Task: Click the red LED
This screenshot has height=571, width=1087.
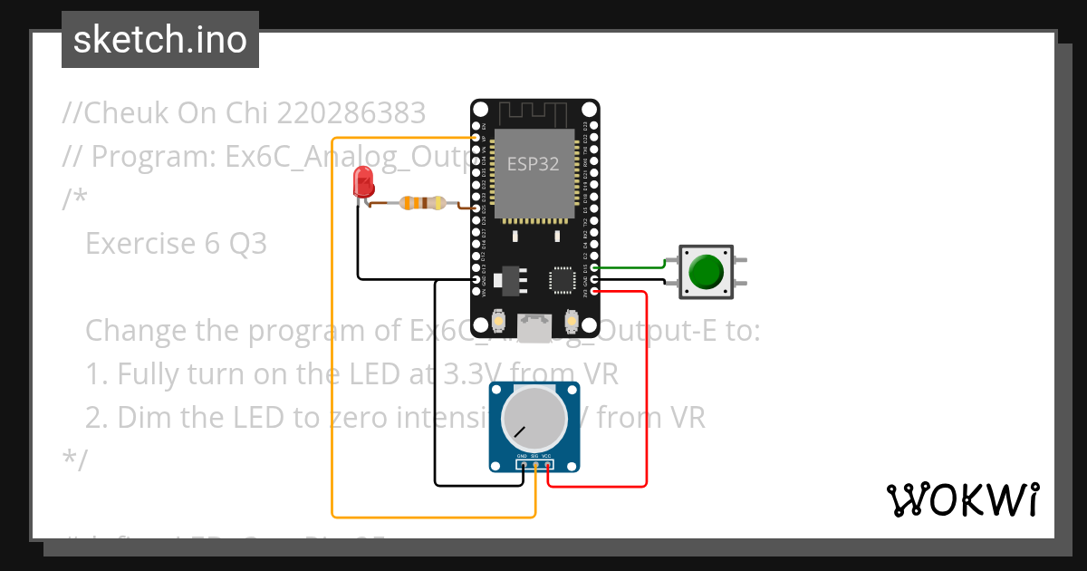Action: tap(363, 182)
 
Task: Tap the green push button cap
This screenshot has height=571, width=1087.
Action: tap(707, 271)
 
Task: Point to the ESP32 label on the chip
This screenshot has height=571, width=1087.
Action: tap(533, 164)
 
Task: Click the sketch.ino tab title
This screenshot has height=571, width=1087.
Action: tap(160, 40)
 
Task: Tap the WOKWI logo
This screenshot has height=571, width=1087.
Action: tap(962, 499)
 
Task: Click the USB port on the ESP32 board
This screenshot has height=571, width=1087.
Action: tap(534, 327)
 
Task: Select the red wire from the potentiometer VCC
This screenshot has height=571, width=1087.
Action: tap(646, 390)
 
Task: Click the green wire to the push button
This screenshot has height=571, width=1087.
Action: tap(634, 267)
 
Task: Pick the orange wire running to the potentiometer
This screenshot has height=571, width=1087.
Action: tap(333, 363)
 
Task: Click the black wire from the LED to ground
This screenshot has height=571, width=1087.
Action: tap(358, 245)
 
